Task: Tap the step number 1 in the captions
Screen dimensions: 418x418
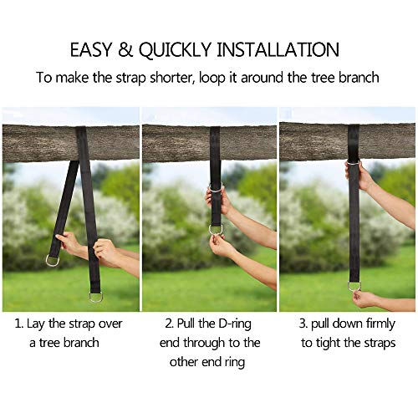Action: click(18, 319)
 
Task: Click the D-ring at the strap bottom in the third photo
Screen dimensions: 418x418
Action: click(354, 286)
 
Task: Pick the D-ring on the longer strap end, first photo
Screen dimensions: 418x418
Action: click(96, 295)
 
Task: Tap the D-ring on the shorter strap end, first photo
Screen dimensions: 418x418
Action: click(53, 261)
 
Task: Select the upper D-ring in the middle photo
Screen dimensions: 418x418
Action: click(216, 187)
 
